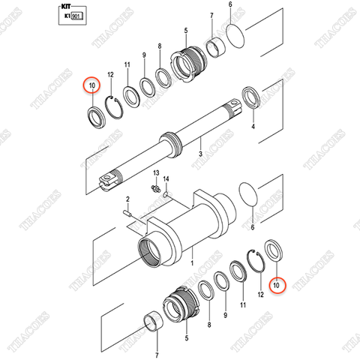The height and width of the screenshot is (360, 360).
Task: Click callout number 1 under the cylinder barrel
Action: click(191, 264)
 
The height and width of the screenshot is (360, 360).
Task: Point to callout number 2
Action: click(127, 199)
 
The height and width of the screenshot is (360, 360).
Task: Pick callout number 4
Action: click(253, 127)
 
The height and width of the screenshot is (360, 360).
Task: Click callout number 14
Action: click(167, 179)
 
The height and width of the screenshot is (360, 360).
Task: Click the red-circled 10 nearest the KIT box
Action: click(92, 85)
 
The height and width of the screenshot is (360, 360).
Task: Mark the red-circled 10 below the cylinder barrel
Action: click(277, 285)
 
